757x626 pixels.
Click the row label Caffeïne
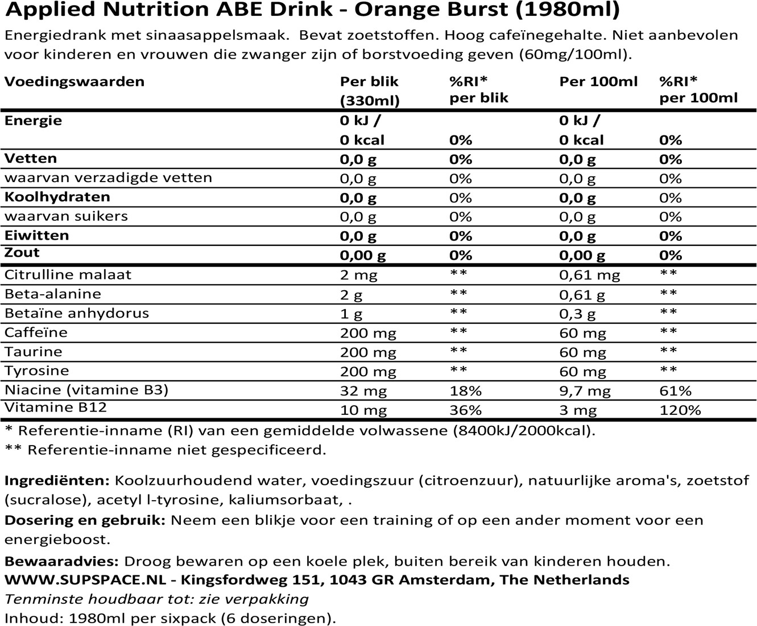[x=36, y=332]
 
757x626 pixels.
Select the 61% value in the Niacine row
[x=676, y=390]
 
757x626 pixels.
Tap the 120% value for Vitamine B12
[x=680, y=410]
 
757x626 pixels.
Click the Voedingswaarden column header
[x=75, y=82]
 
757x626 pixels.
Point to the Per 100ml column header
[x=598, y=81]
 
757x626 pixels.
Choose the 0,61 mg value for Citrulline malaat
[x=589, y=275]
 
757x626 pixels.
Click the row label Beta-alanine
[x=52, y=294]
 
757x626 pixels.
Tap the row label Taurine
[x=34, y=352]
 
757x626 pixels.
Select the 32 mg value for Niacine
[x=363, y=391]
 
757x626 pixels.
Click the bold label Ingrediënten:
[x=57, y=480]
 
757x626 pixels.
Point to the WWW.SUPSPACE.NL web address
[x=85, y=579]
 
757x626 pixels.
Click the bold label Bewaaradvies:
[x=61, y=561]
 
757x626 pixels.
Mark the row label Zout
[x=22, y=252]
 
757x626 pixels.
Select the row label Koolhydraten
[x=57, y=197]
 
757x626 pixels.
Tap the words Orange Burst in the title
[x=431, y=10]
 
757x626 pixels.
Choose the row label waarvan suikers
[x=66, y=216]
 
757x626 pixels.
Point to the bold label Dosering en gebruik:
[x=85, y=520]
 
